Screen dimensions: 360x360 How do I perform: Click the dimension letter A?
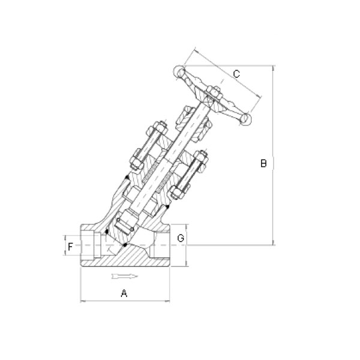[124, 293]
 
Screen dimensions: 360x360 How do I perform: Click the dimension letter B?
[263, 163]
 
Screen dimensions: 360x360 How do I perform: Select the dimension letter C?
[236, 74]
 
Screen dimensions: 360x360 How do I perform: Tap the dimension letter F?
[70, 247]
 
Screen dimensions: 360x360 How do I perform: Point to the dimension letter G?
[181, 238]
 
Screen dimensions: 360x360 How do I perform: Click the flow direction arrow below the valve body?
[125, 276]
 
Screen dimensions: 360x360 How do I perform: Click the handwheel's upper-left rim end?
[179, 71]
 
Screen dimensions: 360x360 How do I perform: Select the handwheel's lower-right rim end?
[245, 119]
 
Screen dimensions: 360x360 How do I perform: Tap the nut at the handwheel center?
[214, 92]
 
